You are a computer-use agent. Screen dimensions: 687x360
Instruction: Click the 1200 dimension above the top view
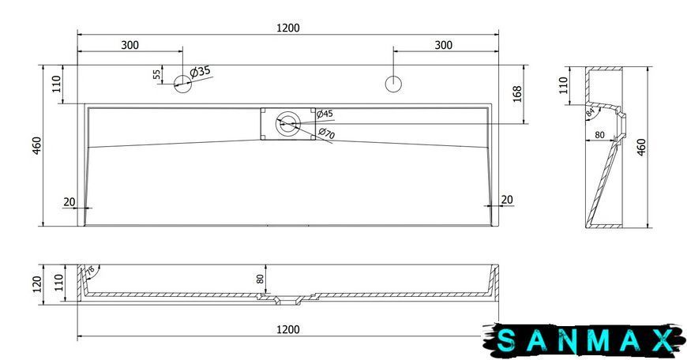pyautogui.click(x=288, y=28)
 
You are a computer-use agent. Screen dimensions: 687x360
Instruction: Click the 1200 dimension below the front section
pyautogui.click(x=288, y=329)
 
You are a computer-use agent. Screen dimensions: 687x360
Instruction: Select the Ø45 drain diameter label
pyautogui.click(x=325, y=114)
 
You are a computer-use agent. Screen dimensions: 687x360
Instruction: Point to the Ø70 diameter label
pyautogui.click(x=327, y=133)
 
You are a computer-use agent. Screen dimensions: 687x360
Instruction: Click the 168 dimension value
pyautogui.click(x=517, y=94)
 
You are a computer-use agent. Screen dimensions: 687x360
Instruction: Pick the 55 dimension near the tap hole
pyautogui.click(x=157, y=74)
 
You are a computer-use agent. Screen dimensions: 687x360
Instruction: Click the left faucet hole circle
pyautogui.click(x=182, y=84)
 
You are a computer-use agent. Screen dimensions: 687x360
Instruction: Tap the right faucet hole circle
pyautogui.click(x=394, y=84)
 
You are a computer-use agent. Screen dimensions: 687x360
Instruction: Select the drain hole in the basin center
pyautogui.click(x=288, y=123)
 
